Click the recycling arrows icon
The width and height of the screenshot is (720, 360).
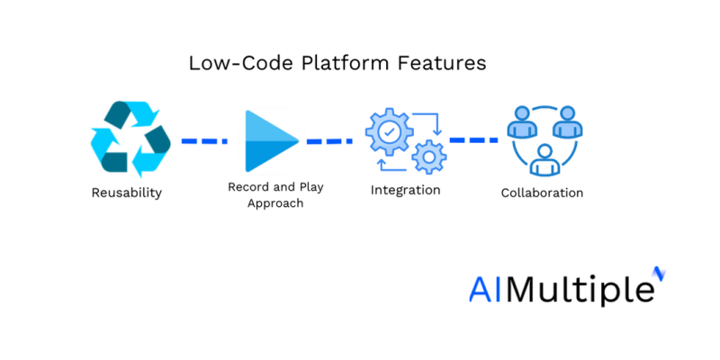(130, 139)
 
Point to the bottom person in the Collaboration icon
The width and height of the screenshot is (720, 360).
(542, 160)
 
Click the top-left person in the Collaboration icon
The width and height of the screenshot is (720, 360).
(519, 123)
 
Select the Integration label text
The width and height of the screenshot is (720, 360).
(405, 190)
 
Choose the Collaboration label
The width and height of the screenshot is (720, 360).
(542, 193)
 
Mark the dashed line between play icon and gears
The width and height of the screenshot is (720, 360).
(329, 141)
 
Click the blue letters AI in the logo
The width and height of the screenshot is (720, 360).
(487, 290)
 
